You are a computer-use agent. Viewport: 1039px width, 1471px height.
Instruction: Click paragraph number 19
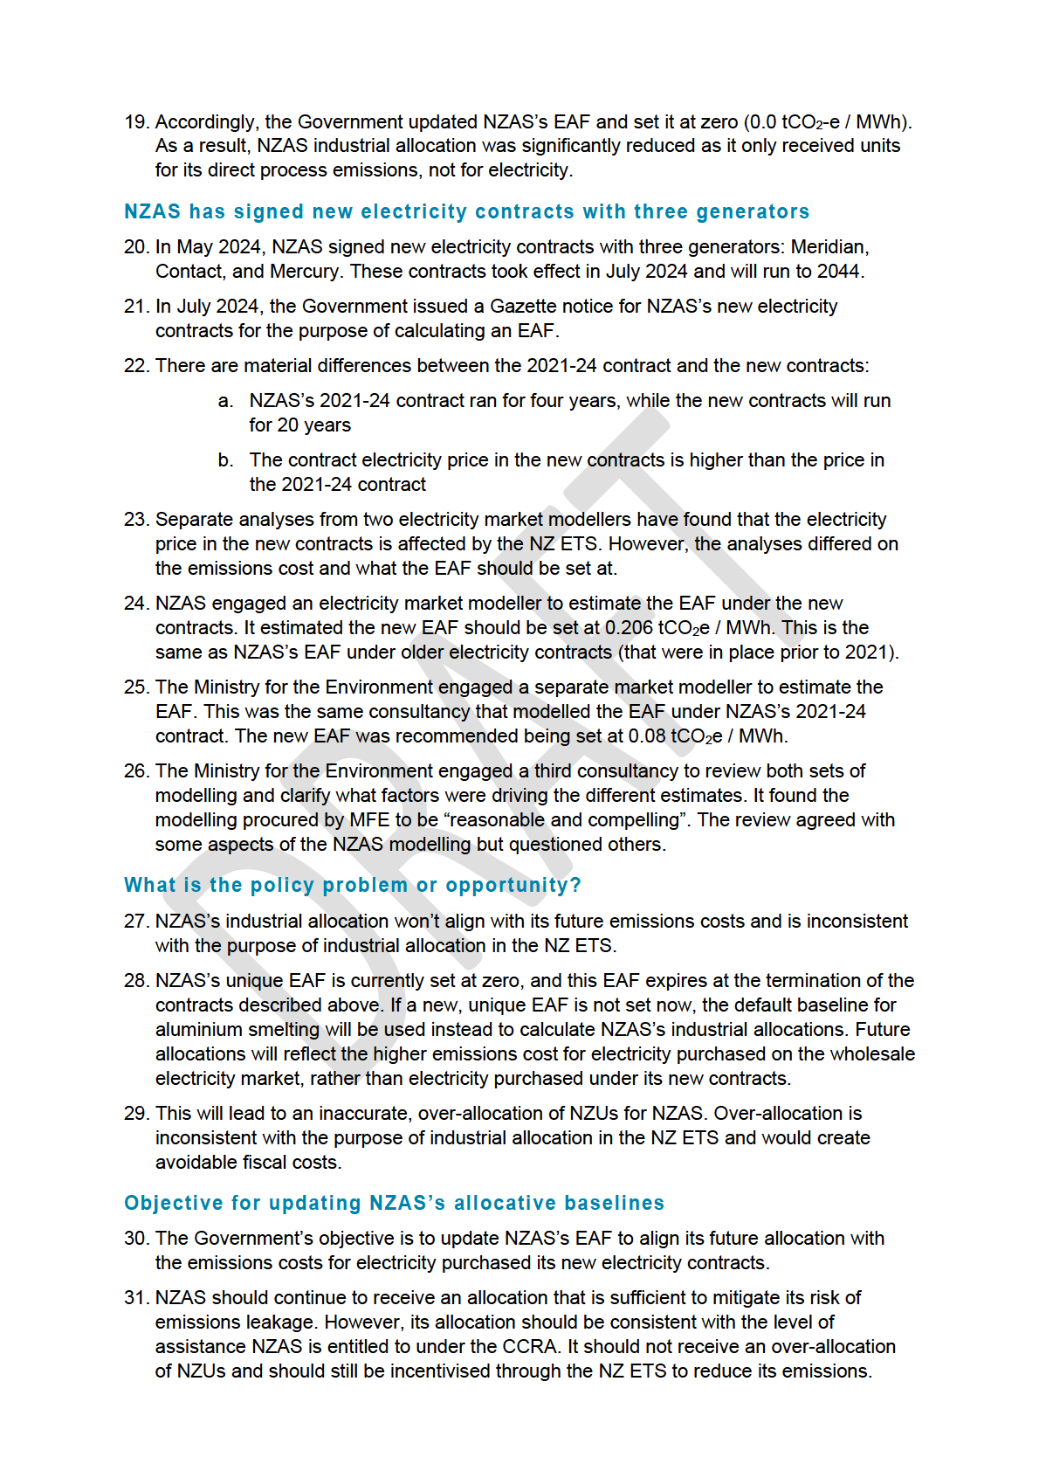(x=136, y=121)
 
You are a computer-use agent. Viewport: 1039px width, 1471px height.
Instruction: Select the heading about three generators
(x=466, y=211)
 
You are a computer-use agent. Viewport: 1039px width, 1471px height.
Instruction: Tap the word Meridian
(x=829, y=247)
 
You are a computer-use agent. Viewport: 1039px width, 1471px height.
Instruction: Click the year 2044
(x=837, y=272)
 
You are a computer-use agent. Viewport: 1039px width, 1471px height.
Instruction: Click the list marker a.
(x=225, y=401)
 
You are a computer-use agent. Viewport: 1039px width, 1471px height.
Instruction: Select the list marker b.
(x=225, y=460)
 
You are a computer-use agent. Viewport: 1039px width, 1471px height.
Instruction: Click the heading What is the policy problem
(x=352, y=885)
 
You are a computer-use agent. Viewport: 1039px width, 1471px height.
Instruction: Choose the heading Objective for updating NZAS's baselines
(x=394, y=1203)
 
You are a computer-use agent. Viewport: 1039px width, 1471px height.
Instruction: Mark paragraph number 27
(x=136, y=922)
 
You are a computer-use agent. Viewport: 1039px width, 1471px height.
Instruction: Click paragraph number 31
(x=136, y=1298)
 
